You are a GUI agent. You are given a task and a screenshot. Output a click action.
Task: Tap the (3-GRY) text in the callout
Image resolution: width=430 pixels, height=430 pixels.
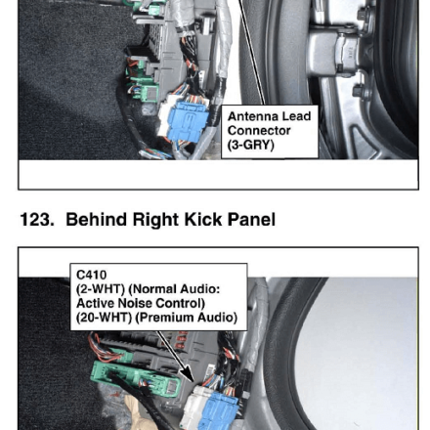click(251, 145)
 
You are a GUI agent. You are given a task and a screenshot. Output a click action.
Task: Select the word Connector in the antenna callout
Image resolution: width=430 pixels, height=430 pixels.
click(259, 131)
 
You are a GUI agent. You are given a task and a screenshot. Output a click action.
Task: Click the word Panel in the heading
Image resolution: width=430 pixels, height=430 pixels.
click(251, 219)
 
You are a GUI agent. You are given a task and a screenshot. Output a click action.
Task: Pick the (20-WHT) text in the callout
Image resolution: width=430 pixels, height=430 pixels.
click(104, 318)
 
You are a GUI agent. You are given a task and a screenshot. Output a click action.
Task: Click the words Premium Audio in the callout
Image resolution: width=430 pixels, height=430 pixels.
click(187, 318)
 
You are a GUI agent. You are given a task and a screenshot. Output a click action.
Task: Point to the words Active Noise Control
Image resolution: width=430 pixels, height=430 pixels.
click(141, 303)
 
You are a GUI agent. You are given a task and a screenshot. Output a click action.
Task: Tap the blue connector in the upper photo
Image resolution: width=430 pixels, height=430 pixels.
click(188, 122)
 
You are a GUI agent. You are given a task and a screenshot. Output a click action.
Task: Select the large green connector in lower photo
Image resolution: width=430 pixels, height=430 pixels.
click(135, 379)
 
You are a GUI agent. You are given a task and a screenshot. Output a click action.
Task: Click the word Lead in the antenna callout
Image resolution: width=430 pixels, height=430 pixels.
click(296, 116)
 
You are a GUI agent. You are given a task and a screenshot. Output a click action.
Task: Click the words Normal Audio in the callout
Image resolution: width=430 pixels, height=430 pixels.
click(177, 289)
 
